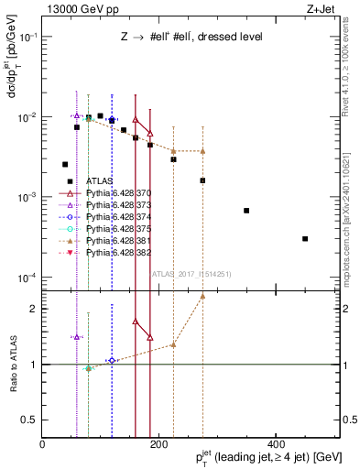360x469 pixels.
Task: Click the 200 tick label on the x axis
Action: coord(158,444)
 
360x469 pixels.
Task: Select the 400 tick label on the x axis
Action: coord(275,444)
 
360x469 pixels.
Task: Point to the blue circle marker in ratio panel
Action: coord(112,360)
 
